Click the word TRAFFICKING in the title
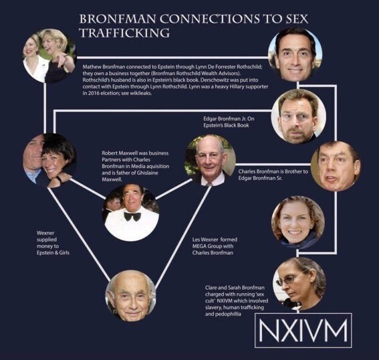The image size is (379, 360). click(x=125, y=33)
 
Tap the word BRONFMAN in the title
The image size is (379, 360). click(x=118, y=19)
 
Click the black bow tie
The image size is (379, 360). click(x=133, y=216)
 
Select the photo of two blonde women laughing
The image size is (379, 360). click(x=49, y=56)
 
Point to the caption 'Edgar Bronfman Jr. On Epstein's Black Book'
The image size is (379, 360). click(x=229, y=122)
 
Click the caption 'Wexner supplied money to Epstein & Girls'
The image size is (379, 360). click(x=53, y=243)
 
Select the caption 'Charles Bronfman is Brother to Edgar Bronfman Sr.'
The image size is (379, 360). click(x=273, y=175)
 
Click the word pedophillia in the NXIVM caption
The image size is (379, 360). click(x=223, y=314)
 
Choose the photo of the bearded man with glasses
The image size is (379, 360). click(x=299, y=116)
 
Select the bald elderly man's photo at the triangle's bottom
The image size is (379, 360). click(x=131, y=296)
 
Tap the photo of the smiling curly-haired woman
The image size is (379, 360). click(x=298, y=223)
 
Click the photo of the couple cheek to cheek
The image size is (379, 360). click(x=49, y=161)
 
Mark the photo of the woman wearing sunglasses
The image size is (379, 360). click(x=299, y=284)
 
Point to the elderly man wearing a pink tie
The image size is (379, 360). click(x=210, y=160)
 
